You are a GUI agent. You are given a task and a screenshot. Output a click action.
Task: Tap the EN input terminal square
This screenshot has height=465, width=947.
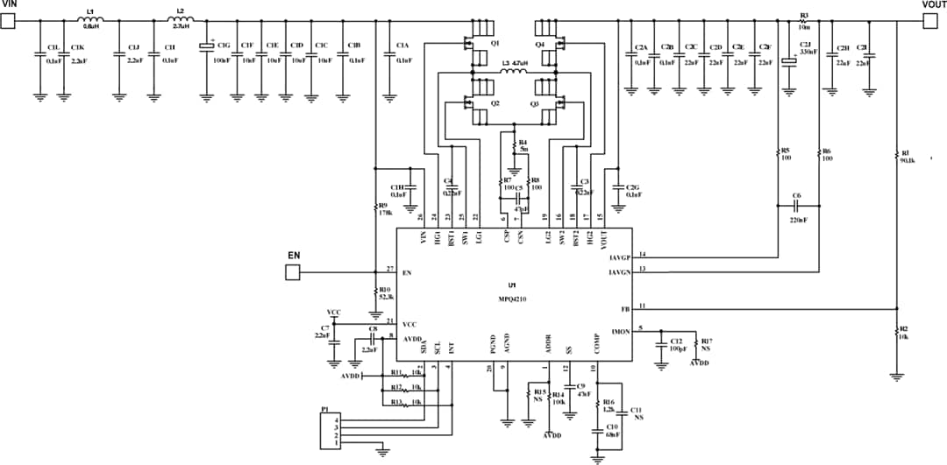pyautogui.click(x=294, y=273)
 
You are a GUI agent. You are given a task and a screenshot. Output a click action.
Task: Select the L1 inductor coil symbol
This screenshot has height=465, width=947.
pyautogui.click(x=90, y=21)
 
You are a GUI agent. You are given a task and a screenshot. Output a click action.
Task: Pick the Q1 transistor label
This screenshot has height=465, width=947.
pyautogui.click(x=495, y=43)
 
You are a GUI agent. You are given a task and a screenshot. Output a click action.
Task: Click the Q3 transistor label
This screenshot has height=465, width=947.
pyautogui.click(x=535, y=103)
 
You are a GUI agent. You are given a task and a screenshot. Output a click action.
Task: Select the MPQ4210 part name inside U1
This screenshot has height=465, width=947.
pyautogui.click(x=512, y=299)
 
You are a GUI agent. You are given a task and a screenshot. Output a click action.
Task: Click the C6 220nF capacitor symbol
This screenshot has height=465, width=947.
pyautogui.click(x=796, y=207)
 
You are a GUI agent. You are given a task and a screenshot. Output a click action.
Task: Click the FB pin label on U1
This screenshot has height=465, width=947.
pyautogui.click(x=624, y=309)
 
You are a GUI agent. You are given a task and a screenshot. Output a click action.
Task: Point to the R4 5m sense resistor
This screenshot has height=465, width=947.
pyautogui.click(x=515, y=146)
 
